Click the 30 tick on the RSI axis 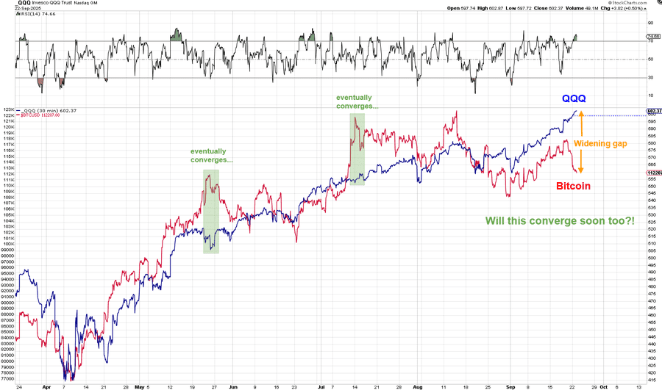click(650, 78)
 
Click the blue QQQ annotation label click(574, 98)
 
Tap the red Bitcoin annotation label click(573, 187)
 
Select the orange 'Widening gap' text click(600, 143)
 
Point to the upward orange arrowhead click(580, 113)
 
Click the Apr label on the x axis click(47, 385)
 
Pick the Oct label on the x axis click(602, 385)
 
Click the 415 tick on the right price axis click(651, 380)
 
